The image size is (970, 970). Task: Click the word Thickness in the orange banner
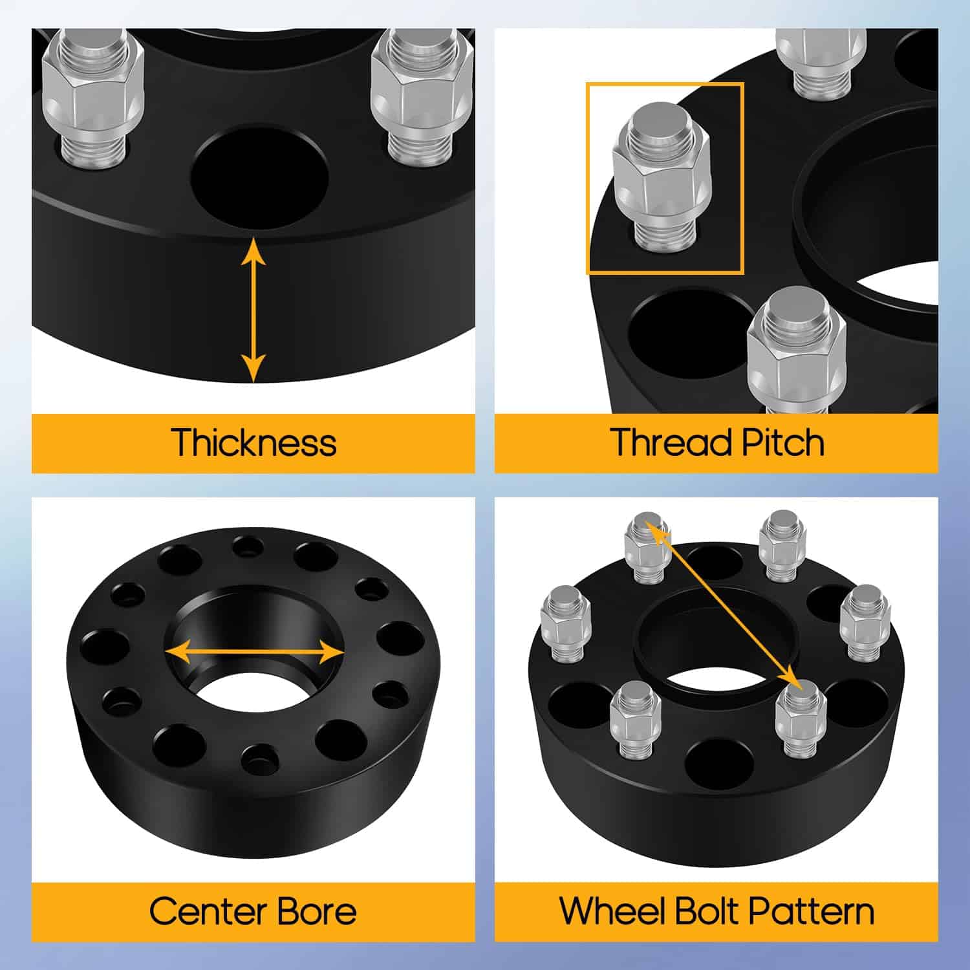pyautogui.click(x=253, y=443)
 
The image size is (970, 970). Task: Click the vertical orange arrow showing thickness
pyautogui.click(x=253, y=310)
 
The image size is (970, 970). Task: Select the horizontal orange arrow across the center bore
pyautogui.click(x=254, y=652)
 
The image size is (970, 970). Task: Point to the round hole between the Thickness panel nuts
pyautogui.click(x=260, y=176)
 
